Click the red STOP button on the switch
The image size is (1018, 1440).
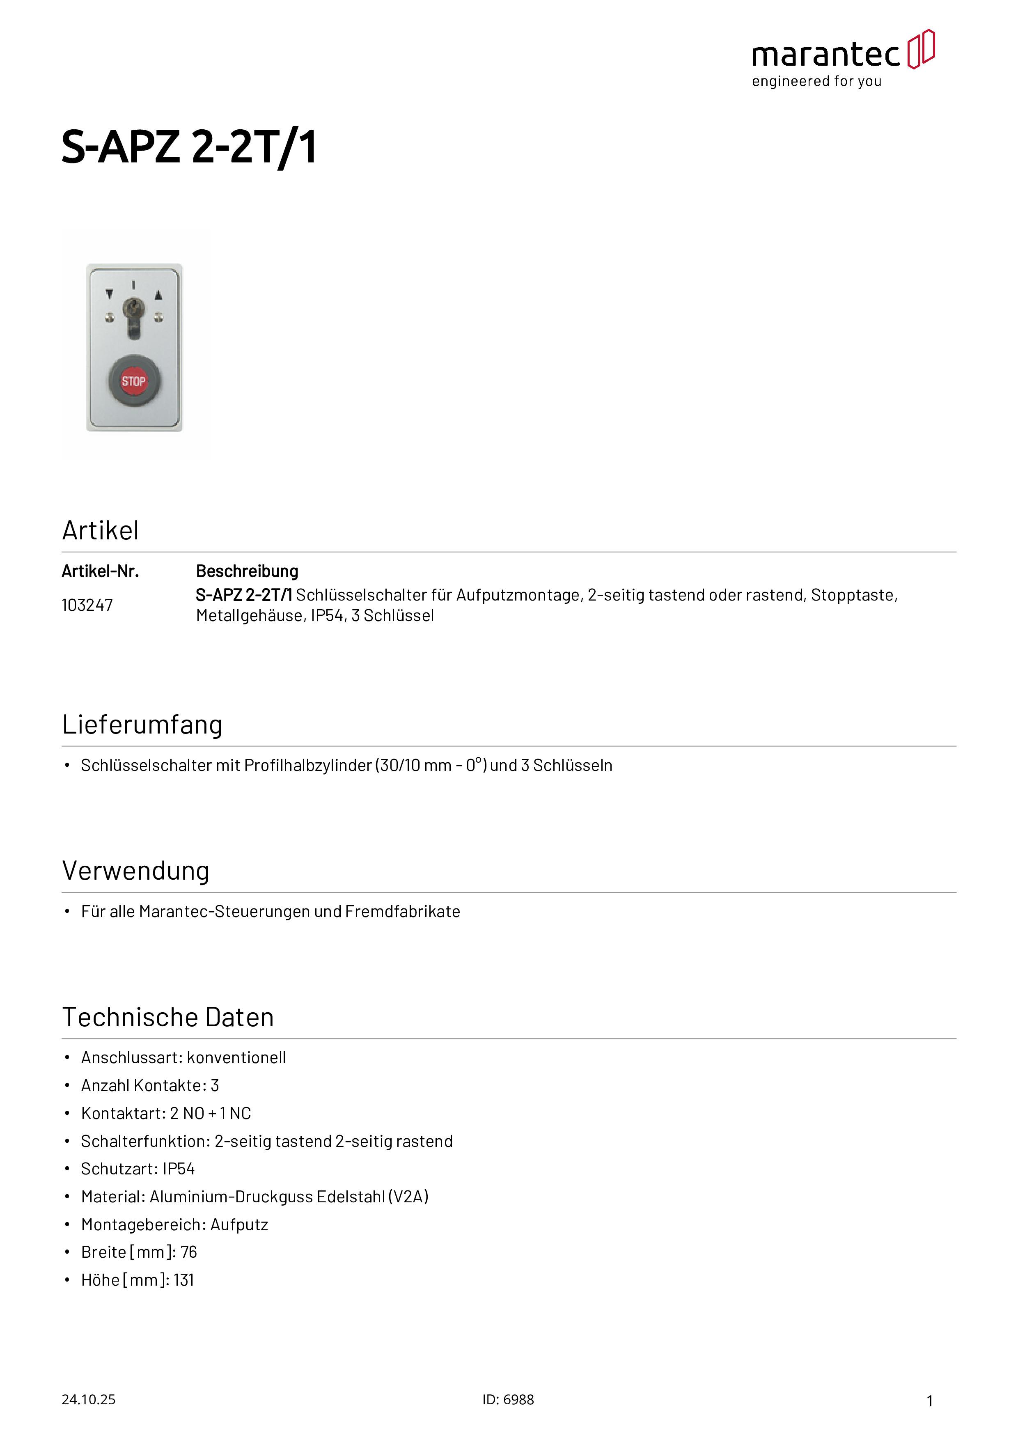[x=133, y=381]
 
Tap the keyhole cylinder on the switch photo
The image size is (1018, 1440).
[x=133, y=309]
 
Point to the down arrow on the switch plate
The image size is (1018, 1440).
[x=110, y=294]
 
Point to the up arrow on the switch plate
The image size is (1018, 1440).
[x=159, y=294]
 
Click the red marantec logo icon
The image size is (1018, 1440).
[x=922, y=49]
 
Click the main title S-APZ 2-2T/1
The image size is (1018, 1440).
[x=189, y=147]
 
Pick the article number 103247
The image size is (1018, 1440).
[x=87, y=605]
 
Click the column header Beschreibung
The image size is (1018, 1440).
[x=247, y=571]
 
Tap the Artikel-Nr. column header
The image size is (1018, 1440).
[x=100, y=571]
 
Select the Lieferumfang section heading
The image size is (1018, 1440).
[x=142, y=725]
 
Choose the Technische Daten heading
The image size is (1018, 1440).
[x=168, y=1017]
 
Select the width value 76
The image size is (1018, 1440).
[x=189, y=1252]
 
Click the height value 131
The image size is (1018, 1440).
[x=184, y=1280]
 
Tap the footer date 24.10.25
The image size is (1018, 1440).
[x=88, y=1400]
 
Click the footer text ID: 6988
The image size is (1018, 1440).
[x=508, y=1400]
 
